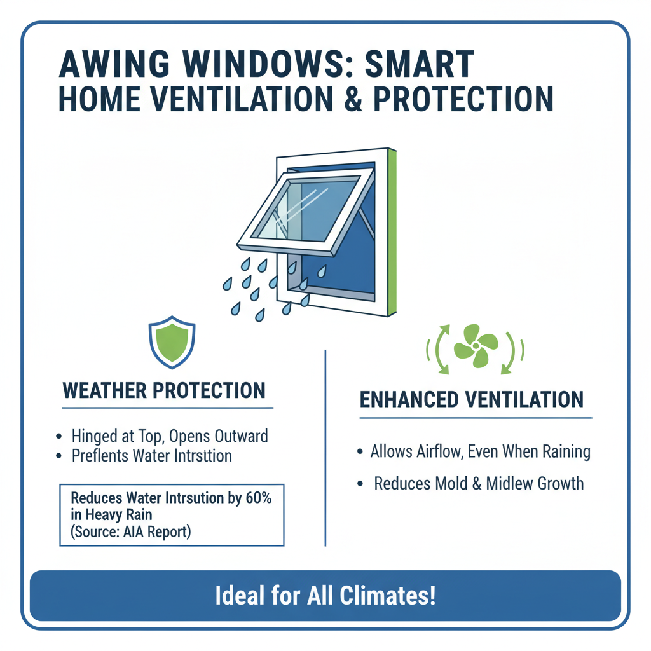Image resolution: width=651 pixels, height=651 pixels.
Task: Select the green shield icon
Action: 171,344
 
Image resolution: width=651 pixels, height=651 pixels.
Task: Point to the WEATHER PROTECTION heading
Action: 164,390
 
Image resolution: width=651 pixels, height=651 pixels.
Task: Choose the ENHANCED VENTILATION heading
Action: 471,399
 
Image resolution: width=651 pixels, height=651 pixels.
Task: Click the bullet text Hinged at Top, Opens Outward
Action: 169,436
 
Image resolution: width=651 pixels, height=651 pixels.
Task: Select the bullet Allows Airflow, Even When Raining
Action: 481,452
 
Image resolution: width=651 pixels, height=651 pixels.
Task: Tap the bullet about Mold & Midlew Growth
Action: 478,483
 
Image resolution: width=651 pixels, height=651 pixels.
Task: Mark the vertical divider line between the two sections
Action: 325,445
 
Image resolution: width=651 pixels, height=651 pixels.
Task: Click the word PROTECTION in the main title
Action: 463,100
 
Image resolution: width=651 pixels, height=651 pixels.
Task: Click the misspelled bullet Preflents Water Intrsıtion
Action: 151,456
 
